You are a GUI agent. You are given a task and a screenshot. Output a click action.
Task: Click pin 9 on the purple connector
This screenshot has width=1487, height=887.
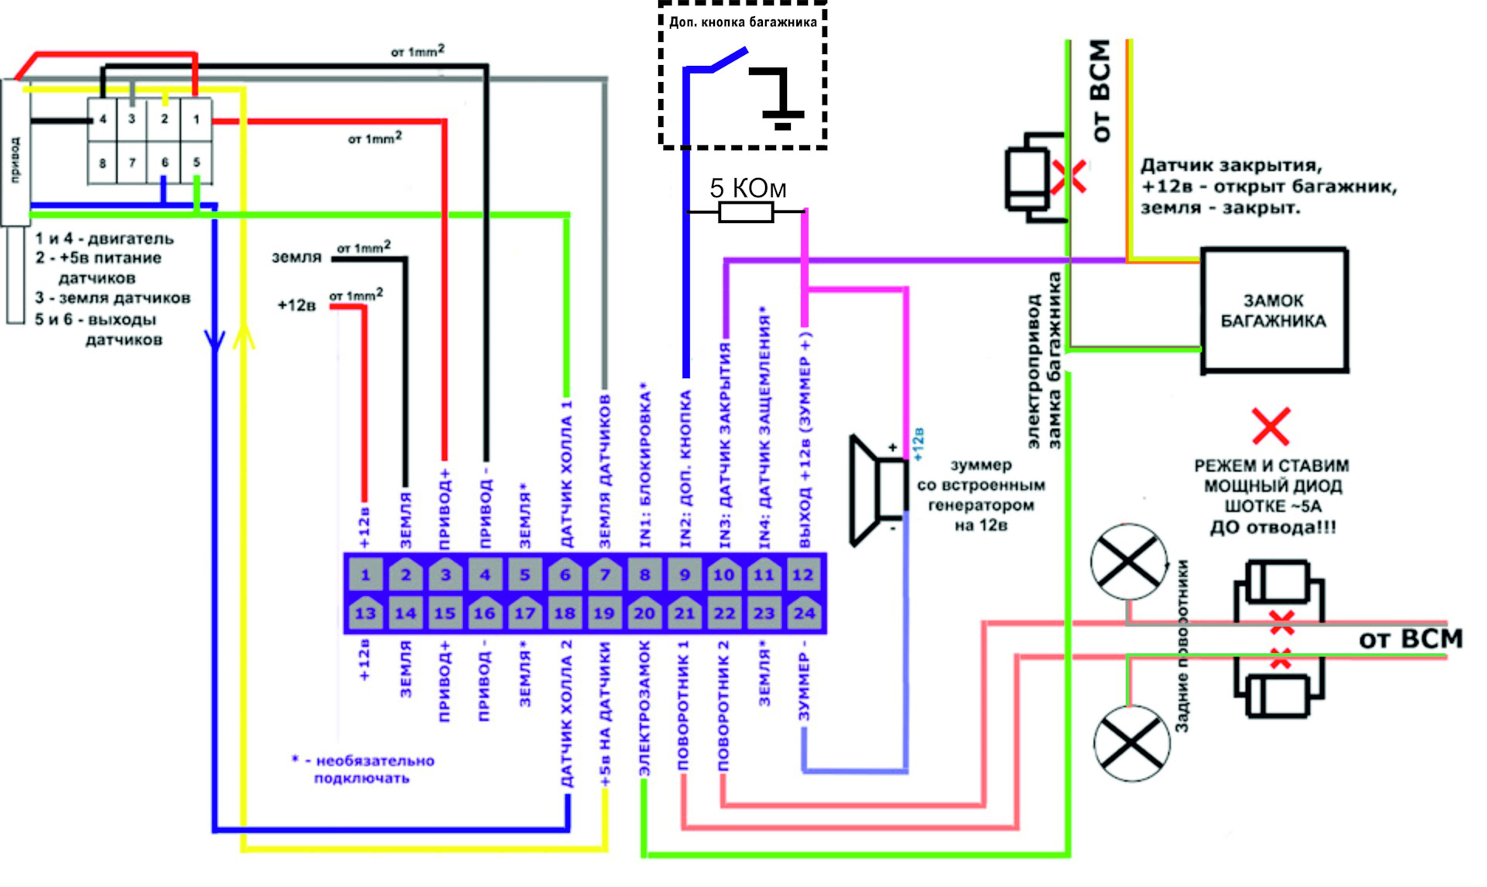[x=685, y=575]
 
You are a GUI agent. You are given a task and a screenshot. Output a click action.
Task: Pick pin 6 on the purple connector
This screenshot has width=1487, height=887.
[x=565, y=575]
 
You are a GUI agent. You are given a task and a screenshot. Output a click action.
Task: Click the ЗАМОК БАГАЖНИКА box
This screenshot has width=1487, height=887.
[x=1274, y=310]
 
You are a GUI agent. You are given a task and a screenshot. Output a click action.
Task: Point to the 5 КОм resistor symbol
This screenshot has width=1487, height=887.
[x=746, y=211]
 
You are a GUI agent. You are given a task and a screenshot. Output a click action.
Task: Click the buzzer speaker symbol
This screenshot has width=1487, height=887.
[x=879, y=490]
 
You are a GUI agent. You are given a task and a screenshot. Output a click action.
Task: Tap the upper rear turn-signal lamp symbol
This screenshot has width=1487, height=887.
[x=1128, y=562]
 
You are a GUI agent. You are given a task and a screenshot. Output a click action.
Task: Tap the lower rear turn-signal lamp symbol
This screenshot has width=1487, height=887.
[x=1132, y=742]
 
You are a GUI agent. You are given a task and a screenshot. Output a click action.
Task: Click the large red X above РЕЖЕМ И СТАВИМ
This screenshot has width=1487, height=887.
[x=1271, y=426]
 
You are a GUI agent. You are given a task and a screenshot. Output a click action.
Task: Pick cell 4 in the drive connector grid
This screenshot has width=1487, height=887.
[x=102, y=119]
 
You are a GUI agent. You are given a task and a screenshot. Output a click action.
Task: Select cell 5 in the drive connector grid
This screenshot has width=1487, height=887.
[x=197, y=162]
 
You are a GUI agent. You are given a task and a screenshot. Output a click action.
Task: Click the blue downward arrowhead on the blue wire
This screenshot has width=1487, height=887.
[x=215, y=340]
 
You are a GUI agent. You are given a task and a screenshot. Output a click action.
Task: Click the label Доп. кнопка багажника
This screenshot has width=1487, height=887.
[x=743, y=22]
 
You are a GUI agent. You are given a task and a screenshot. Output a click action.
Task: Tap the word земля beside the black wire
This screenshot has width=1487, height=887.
[x=296, y=257]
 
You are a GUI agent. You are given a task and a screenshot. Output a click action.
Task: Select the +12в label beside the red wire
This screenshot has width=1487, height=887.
[x=297, y=305]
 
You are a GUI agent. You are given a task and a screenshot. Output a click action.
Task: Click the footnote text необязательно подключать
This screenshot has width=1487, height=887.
[x=364, y=769]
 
